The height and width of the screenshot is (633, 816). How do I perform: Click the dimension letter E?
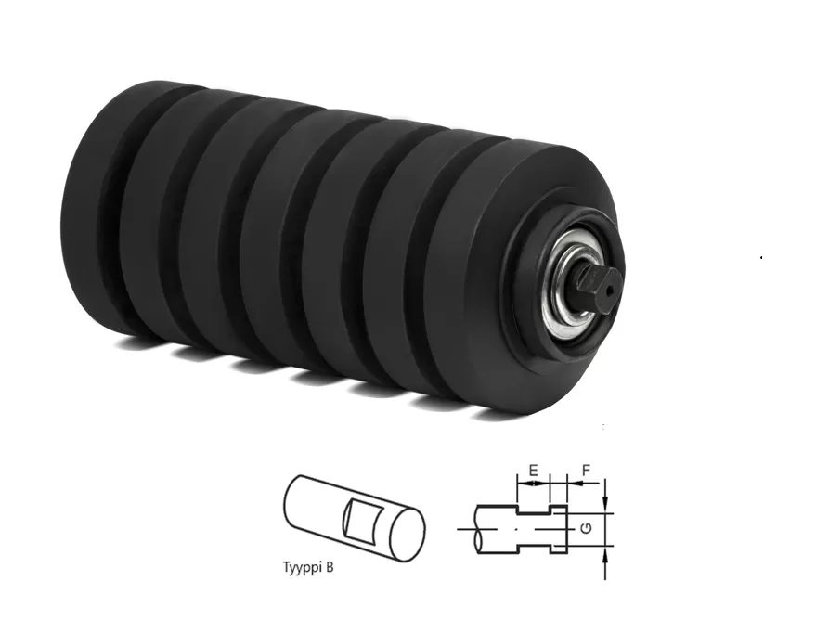(534, 471)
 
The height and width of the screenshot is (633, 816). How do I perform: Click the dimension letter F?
(586, 471)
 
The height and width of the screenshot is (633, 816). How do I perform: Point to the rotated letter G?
(587, 529)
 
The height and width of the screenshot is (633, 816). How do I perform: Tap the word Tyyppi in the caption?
(303, 567)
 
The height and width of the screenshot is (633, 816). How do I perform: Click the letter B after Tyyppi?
(330, 566)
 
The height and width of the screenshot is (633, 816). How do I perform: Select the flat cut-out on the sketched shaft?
(359, 520)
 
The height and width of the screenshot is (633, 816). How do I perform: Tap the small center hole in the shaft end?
(613, 287)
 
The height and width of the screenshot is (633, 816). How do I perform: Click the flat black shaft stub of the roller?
(597, 290)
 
